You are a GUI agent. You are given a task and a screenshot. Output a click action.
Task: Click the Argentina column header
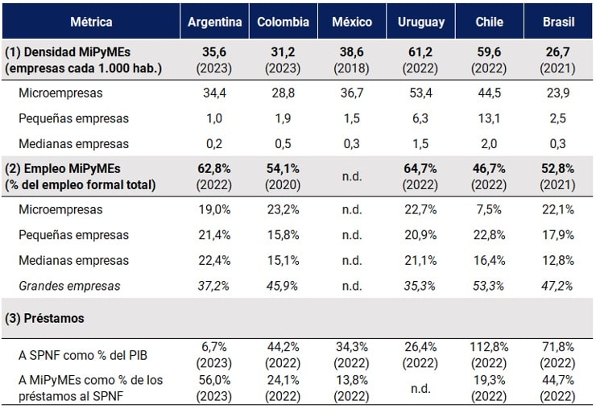(215, 22)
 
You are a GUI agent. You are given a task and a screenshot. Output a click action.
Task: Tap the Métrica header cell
(91, 22)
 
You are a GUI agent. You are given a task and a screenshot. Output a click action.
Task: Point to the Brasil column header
(560, 22)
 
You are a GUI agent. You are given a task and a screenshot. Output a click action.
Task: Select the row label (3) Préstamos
(45, 318)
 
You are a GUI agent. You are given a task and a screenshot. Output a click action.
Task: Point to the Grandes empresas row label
(69, 286)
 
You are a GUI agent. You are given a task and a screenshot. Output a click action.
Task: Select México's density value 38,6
(352, 52)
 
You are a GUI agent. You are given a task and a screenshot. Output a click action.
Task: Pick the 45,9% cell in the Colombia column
(283, 286)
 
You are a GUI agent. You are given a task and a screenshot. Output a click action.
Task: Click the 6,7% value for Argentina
(215, 346)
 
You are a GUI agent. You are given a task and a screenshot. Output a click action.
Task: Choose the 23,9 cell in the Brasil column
(560, 93)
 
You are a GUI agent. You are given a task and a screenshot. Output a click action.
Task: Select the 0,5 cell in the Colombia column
(283, 144)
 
